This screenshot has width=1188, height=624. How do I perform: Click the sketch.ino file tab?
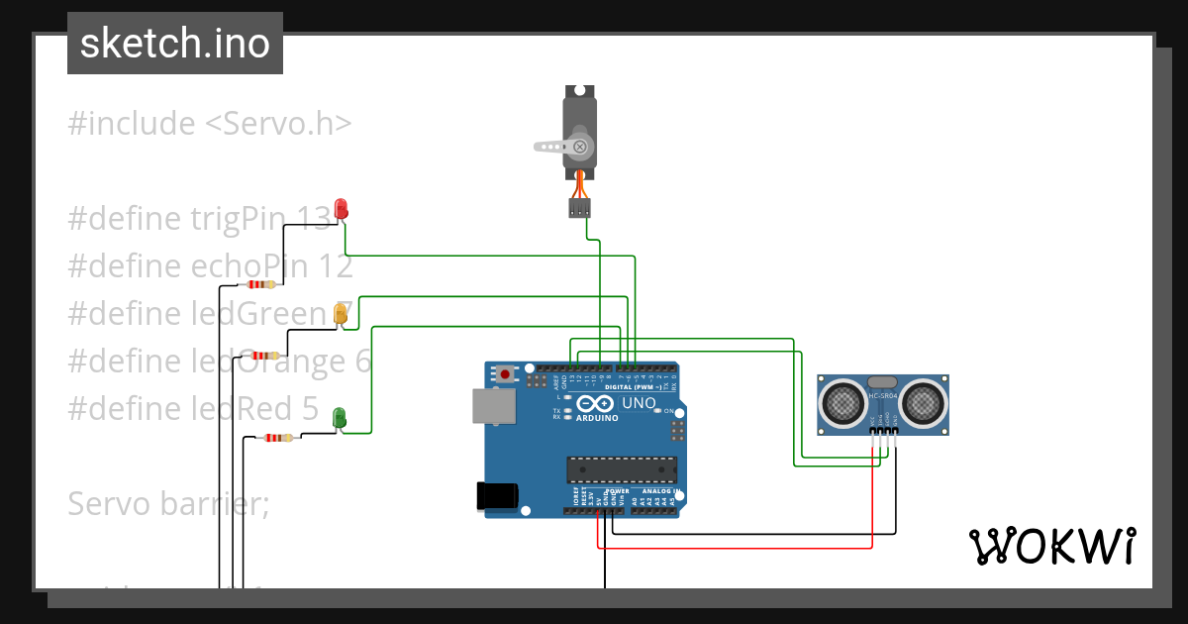coord(174,44)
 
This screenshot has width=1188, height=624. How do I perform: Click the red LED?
coord(342,209)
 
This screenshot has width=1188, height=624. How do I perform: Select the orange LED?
coord(341,315)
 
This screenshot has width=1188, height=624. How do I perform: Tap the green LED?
coord(340,418)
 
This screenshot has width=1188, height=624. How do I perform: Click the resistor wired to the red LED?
coord(261,285)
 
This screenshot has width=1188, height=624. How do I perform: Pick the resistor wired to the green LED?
coord(275,437)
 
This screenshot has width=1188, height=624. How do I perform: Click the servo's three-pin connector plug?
coord(579,208)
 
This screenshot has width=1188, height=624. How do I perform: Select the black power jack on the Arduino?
coord(497,495)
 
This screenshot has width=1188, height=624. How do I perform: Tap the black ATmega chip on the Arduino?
coord(621,471)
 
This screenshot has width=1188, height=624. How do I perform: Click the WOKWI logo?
coord(1051,546)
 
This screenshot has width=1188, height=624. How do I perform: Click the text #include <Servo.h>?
coord(210,124)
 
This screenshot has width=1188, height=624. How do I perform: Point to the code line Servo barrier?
coord(168,504)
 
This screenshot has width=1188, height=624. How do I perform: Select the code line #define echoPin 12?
coord(210,266)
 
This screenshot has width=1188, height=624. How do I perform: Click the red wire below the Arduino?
coord(733,547)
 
